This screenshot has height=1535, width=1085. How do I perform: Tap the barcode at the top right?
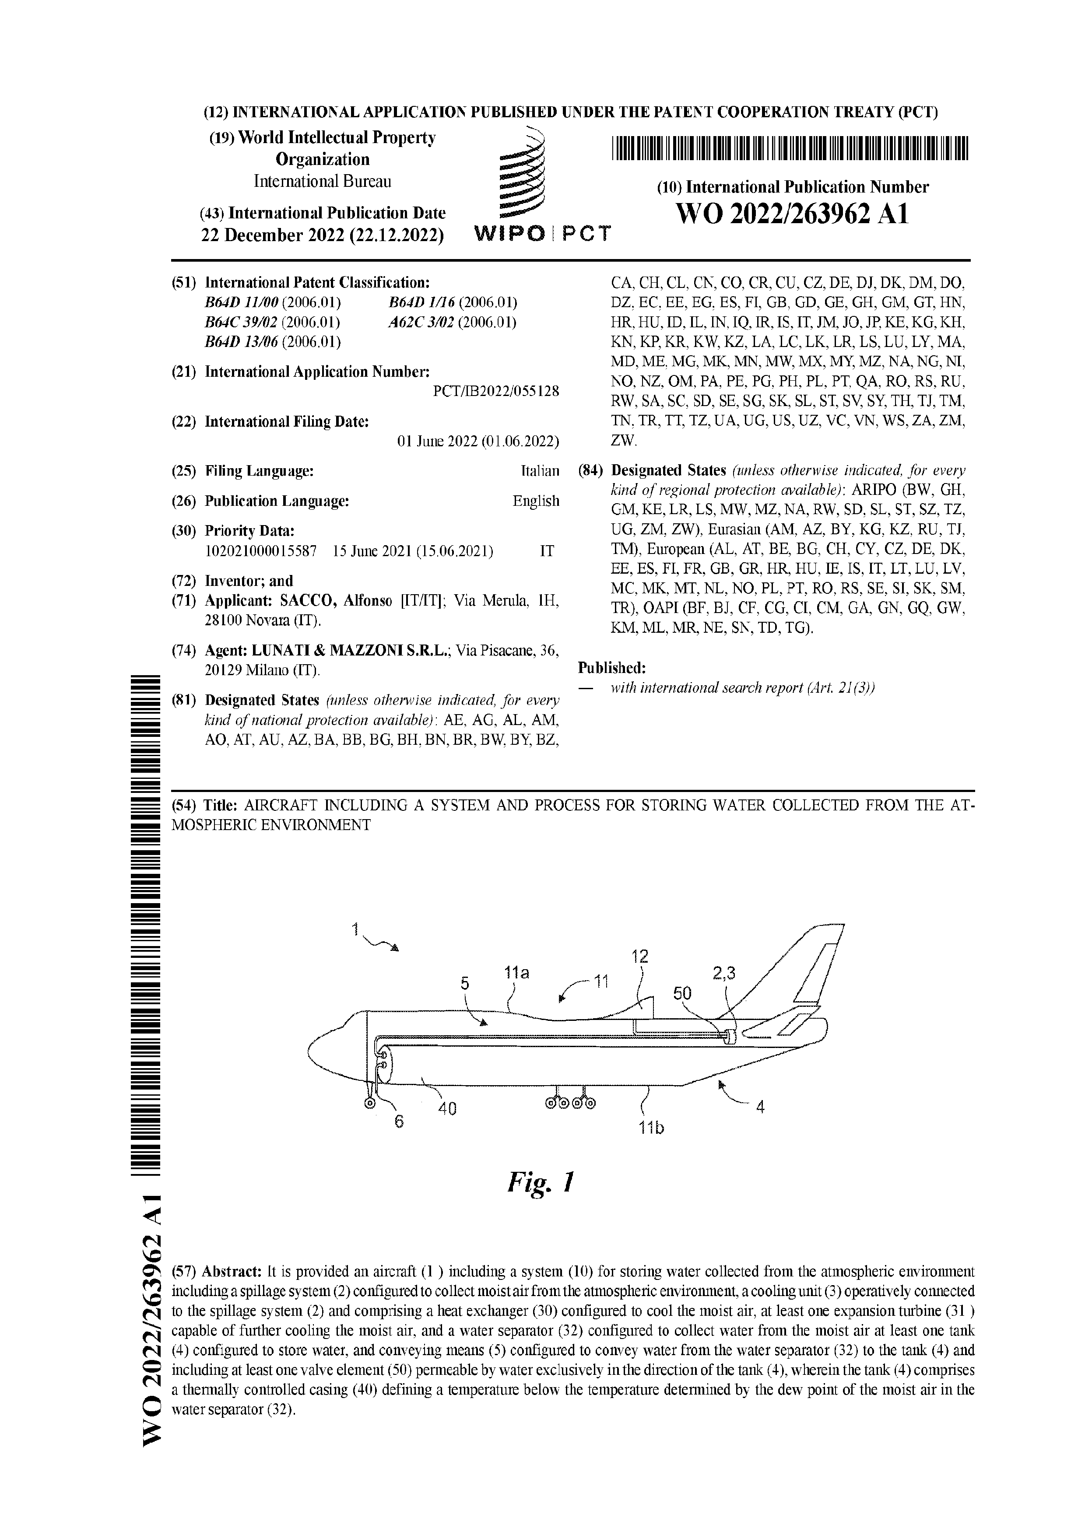[x=790, y=148]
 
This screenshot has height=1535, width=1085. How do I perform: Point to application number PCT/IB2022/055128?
[x=496, y=391]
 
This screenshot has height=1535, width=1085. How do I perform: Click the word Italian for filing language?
[x=540, y=471]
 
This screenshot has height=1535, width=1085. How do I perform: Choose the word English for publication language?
[x=536, y=501]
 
